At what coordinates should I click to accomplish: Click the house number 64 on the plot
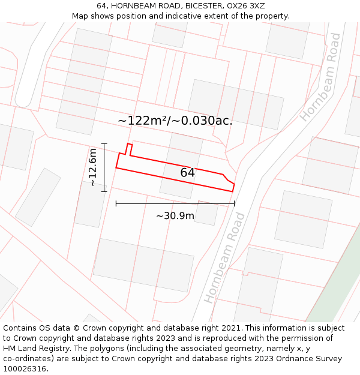coord(187,173)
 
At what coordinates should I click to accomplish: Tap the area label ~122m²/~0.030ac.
coord(175,121)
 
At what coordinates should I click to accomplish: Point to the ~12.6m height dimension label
coord(93,167)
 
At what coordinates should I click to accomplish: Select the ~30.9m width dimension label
coord(175,216)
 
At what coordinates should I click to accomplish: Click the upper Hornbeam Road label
coord(320,77)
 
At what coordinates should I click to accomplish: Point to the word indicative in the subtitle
coord(184,16)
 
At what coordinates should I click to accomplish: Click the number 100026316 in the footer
coord(25,369)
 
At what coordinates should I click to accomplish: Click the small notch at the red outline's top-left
coord(128,148)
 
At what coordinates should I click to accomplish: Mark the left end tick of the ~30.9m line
coord(116,204)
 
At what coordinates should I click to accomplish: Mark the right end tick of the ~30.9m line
coord(234,204)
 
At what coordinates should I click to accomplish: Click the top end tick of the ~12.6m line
coord(104,144)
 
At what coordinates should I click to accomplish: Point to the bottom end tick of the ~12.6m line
coord(104,191)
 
